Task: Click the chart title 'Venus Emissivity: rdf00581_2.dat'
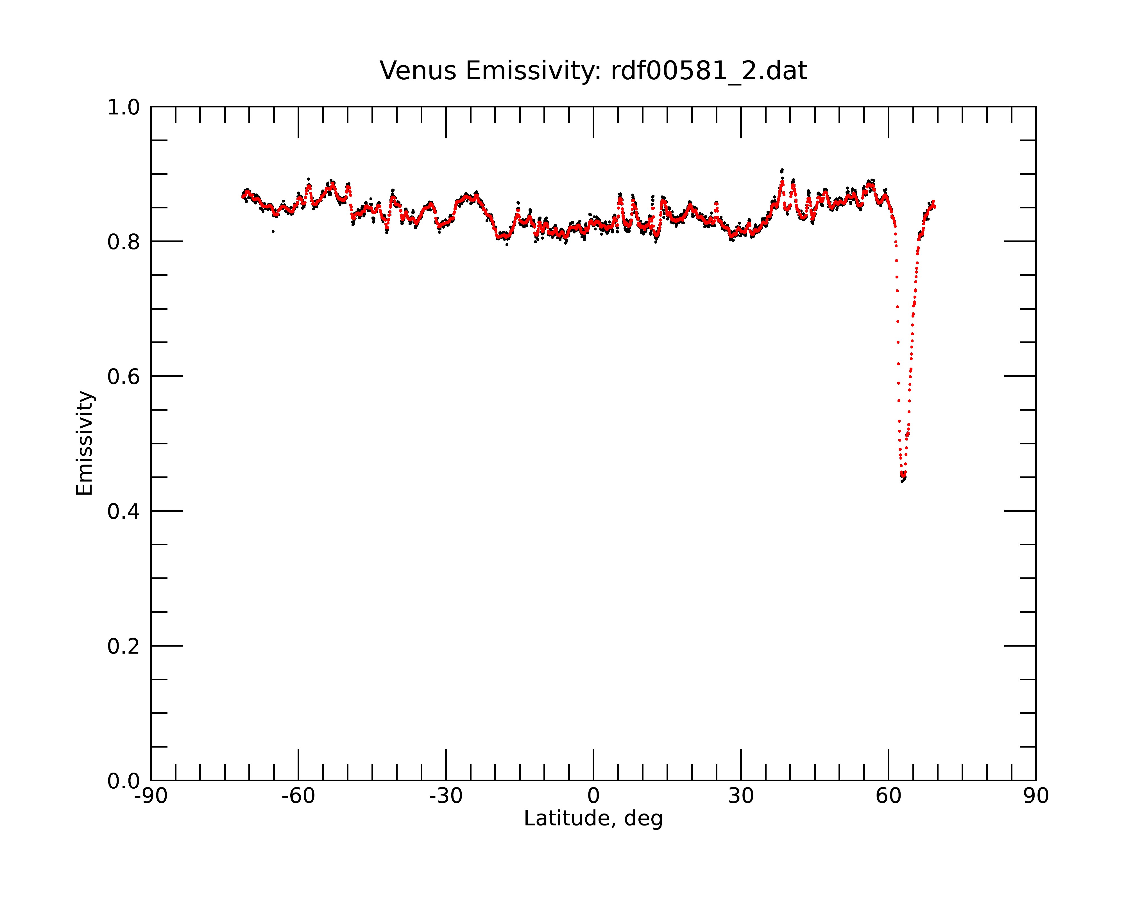click(x=593, y=71)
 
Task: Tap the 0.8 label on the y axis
click(x=124, y=242)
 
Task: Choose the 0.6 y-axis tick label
click(x=124, y=376)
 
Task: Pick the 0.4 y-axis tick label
click(x=124, y=511)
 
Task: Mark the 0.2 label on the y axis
click(x=124, y=646)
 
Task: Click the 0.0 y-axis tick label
click(x=124, y=781)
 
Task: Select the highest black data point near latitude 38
click(x=782, y=170)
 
